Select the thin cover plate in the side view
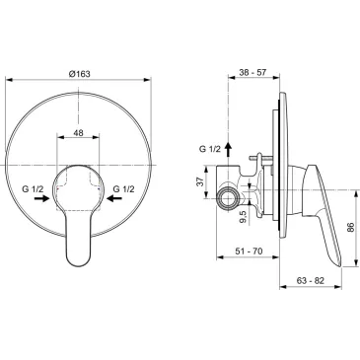point(282,148)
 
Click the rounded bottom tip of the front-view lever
point(79,260)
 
